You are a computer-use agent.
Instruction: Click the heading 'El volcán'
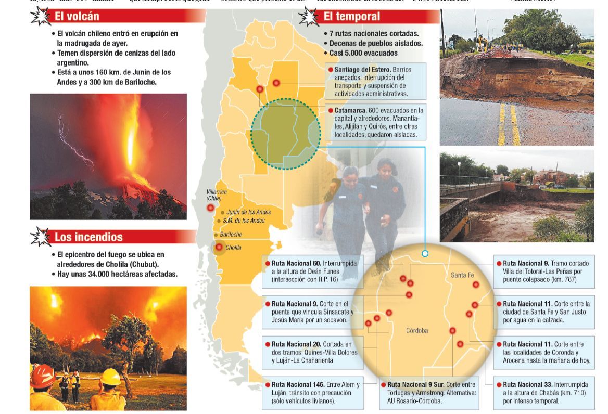point(77,17)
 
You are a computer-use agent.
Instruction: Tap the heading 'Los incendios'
point(88,237)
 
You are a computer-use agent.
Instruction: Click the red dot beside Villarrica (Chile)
point(210,208)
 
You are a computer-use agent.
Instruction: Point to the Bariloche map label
point(231,235)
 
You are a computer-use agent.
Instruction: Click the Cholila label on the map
point(233,248)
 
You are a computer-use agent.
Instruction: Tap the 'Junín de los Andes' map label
point(249,212)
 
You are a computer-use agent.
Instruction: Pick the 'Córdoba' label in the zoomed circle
point(417,330)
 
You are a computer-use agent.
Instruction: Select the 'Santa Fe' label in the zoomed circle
point(462,275)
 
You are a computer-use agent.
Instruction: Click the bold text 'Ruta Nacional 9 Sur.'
point(415,384)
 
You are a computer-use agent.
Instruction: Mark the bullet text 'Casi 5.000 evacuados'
point(363,53)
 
